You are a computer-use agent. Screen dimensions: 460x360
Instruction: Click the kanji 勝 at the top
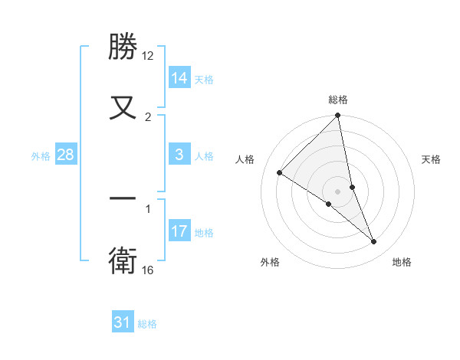click(x=123, y=47)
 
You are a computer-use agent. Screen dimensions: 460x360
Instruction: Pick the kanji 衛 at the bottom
click(x=123, y=260)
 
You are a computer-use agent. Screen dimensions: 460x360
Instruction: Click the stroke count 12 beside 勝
click(x=148, y=56)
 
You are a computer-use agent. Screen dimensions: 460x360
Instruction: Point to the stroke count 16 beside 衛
click(x=148, y=270)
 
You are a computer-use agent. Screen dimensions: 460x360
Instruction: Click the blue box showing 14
click(x=179, y=78)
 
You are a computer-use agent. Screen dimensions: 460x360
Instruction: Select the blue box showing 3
click(x=179, y=155)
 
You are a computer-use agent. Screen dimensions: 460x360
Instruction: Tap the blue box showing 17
click(x=179, y=231)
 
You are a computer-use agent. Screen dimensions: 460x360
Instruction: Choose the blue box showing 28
click(x=66, y=155)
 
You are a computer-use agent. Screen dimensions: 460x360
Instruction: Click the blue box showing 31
click(x=123, y=322)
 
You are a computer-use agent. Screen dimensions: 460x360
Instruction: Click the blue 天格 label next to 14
click(x=204, y=79)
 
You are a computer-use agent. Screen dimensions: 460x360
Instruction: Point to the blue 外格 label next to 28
click(x=41, y=155)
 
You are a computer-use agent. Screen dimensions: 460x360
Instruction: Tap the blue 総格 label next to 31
click(x=147, y=323)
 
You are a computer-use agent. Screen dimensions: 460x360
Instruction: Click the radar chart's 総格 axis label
click(x=338, y=100)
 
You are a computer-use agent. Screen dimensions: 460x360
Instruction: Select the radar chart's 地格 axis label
click(x=402, y=262)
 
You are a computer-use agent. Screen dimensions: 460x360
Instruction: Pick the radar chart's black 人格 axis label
click(x=245, y=159)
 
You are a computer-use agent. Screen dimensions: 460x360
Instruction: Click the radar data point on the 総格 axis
click(x=337, y=116)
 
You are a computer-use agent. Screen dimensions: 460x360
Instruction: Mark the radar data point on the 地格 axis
click(x=374, y=242)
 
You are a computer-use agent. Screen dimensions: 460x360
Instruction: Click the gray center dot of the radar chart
click(x=337, y=191)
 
